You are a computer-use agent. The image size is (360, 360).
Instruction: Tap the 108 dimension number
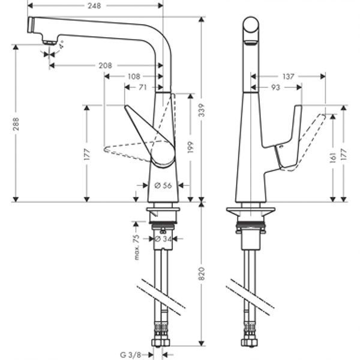(x=134, y=76)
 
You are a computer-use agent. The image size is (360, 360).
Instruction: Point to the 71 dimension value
(x=143, y=88)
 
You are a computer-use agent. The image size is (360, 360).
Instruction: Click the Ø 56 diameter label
(x=163, y=186)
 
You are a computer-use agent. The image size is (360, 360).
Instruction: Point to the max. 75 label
(x=137, y=246)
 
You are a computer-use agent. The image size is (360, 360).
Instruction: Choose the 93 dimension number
(x=276, y=88)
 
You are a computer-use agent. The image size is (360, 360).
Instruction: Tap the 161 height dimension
(x=332, y=157)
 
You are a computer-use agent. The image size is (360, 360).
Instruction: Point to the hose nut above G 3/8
(x=161, y=341)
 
